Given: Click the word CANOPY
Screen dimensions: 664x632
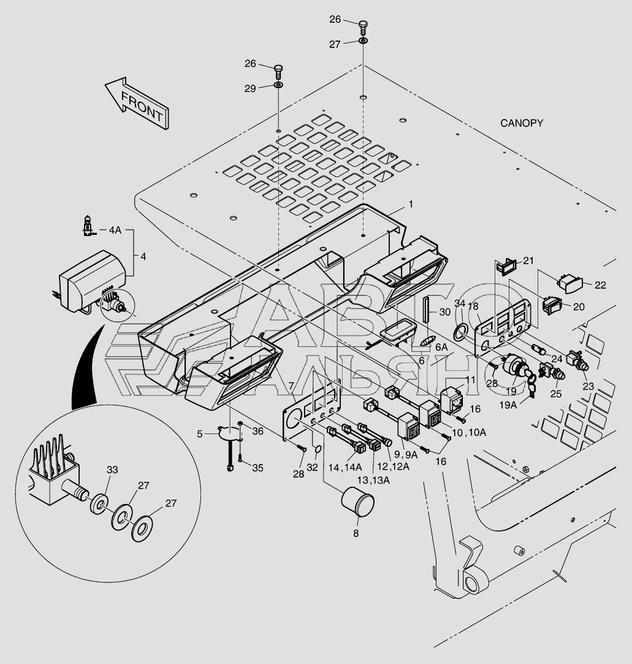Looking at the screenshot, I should click(522, 123).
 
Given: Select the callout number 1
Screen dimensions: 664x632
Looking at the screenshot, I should click(411, 204).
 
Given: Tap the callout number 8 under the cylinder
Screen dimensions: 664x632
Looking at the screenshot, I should click(356, 533).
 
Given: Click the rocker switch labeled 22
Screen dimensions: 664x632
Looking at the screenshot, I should click(569, 283).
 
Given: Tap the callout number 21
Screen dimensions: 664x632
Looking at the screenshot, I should click(528, 261).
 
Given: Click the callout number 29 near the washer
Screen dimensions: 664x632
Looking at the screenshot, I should click(250, 88).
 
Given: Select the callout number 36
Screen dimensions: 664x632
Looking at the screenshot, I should click(258, 432).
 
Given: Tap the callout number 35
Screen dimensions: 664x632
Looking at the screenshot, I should click(257, 468).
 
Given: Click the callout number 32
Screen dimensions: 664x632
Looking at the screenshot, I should click(312, 467).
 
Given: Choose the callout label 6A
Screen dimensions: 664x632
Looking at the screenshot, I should click(441, 346).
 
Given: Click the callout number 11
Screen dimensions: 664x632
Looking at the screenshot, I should click(470, 380).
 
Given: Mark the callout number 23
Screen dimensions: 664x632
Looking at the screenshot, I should click(588, 386).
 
